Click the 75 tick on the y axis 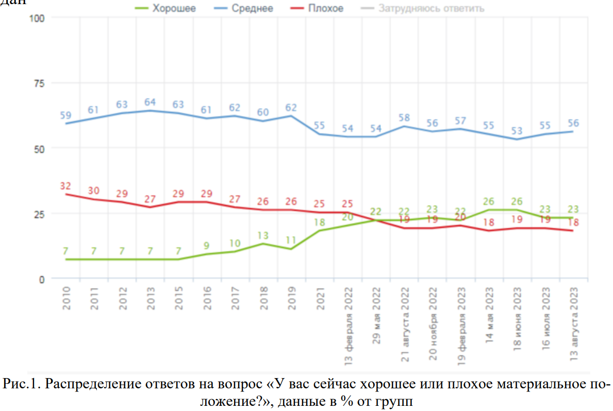tap(40, 83)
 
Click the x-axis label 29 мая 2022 tap(376, 313)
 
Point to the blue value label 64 tap(150, 102)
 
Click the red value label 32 tap(65, 186)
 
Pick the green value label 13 tap(263, 235)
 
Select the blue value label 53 tap(517, 131)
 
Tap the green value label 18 tap(320, 222)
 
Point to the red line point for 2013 tap(150, 207)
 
